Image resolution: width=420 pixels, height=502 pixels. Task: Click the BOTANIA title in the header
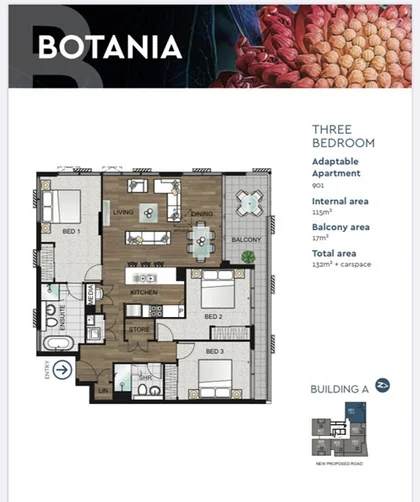pyautogui.click(x=110, y=47)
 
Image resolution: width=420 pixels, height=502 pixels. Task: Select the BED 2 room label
pyautogui.click(x=214, y=316)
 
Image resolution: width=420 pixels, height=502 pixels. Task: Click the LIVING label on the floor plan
pyautogui.click(x=124, y=212)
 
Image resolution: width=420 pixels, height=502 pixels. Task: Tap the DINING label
pyautogui.click(x=201, y=212)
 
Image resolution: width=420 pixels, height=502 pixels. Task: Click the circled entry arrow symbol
pyautogui.click(x=62, y=369)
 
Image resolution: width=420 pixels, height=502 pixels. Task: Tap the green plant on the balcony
pyautogui.click(x=248, y=257)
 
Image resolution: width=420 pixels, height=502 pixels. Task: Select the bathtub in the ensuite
pyautogui.click(x=57, y=343)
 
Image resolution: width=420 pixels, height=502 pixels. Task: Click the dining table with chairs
pyautogui.click(x=202, y=237)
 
